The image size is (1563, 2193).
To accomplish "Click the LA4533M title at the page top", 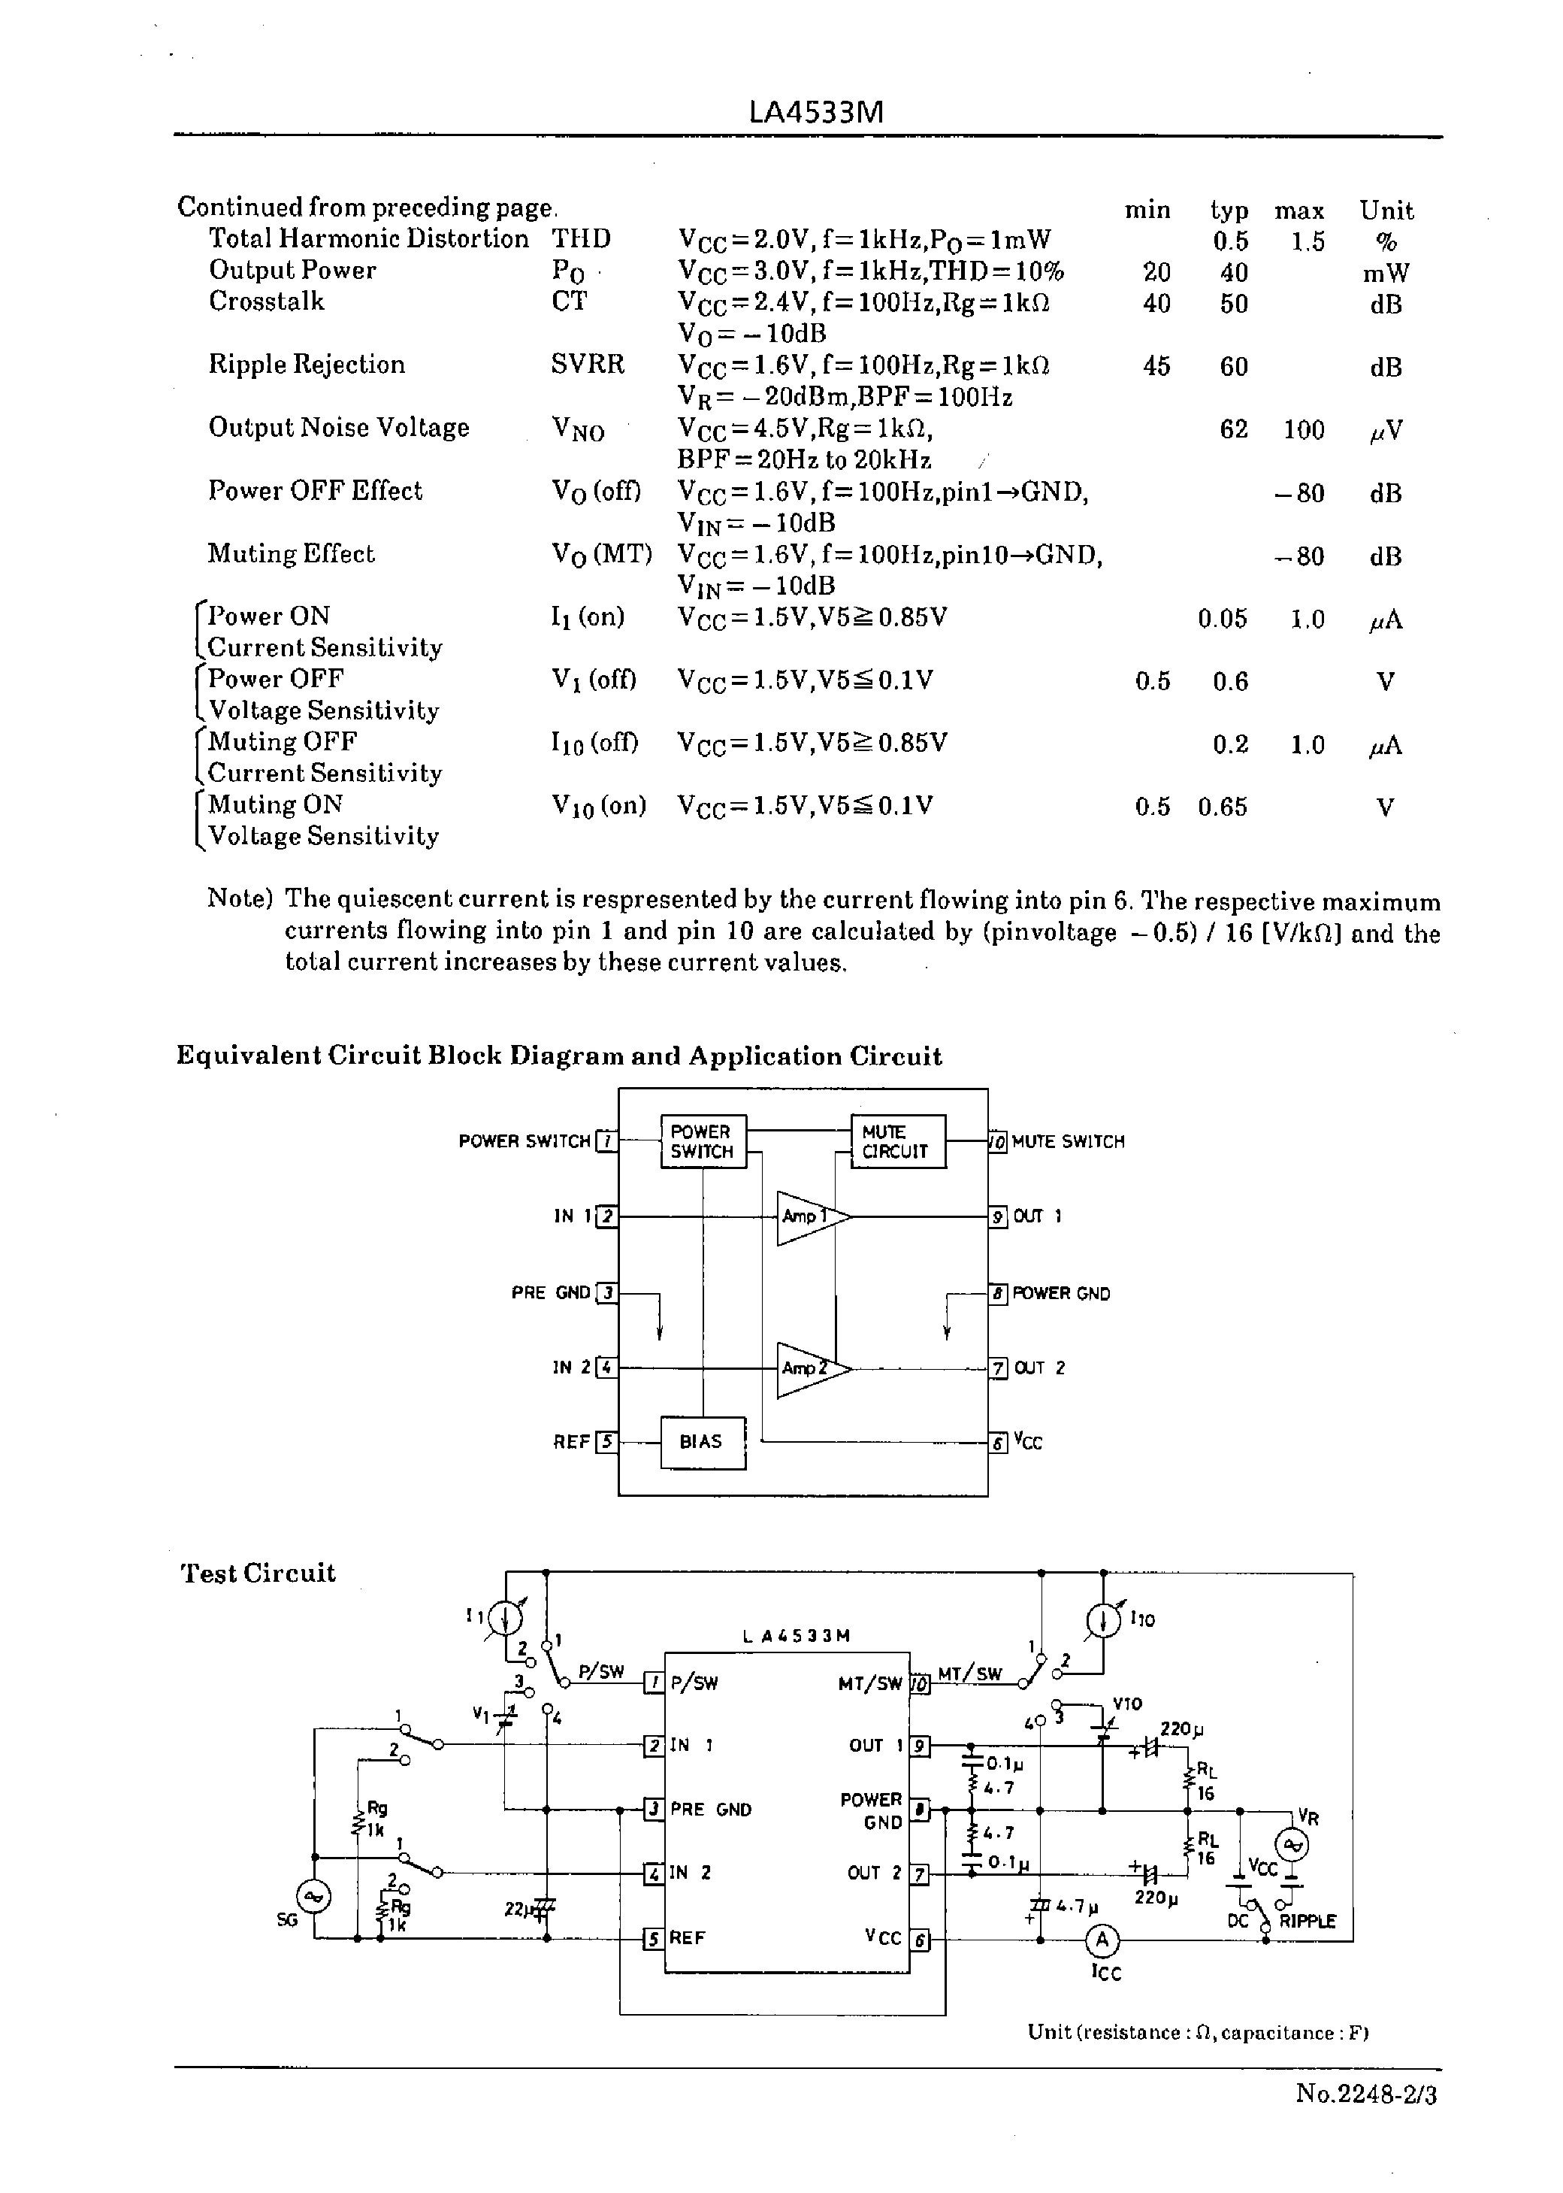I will pyautogui.click(x=815, y=113).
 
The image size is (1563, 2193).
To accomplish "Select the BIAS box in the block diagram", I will pyautogui.click(x=703, y=1441).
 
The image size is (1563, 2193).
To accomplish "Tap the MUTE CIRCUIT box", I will pyautogui.click(x=897, y=1142).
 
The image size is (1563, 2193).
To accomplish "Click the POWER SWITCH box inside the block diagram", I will pyautogui.click(x=703, y=1142).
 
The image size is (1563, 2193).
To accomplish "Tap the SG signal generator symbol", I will pyautogui.click(x=314, y=1897).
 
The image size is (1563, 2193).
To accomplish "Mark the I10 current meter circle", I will pyautogui.click(x=1104, y=1621).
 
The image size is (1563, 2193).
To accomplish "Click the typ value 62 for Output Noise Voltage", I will pyautogui.click(x=1233, y=429).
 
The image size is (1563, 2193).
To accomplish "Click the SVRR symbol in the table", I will pyautogui.click(x=587, y=365).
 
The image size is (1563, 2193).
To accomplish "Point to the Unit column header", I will pyautogui.click(x=1386, y=211).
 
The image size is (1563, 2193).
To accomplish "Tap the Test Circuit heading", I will pyautogui.click(x=258, y=1573).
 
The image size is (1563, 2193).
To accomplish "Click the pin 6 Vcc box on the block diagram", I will pyautogui.click(x=999, y=1442).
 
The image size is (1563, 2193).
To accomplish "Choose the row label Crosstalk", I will pyautogui.click(x=267, y=301).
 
